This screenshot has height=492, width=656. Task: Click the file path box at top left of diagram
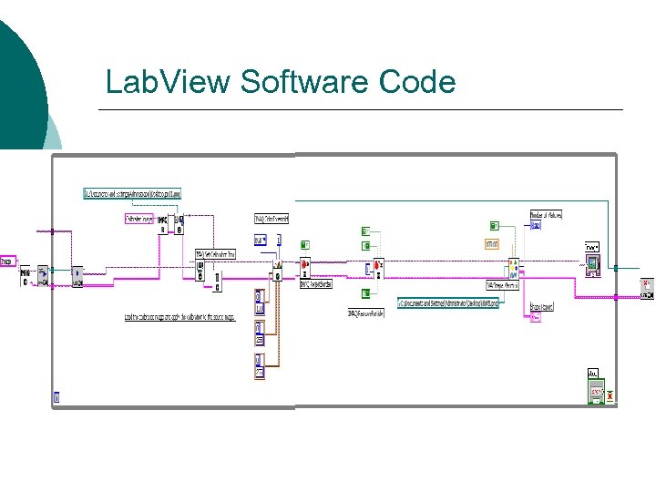[133, 193]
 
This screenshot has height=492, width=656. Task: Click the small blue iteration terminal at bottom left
[56, 396]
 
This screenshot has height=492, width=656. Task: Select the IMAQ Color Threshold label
[271, 219]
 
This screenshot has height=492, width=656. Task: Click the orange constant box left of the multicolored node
[492, 243]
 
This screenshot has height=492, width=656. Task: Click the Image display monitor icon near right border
[594, 264]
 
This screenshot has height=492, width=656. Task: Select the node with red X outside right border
[646, 288]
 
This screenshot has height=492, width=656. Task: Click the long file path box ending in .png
[447, 302]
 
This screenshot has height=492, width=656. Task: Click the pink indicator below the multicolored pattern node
[536, 318]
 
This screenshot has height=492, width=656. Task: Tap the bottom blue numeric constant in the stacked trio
[260, 372]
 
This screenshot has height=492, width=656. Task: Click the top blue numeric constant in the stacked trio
[260, 297]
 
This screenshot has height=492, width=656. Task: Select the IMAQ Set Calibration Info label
[216, 254]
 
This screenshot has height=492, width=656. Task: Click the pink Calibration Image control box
[139, 219]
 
